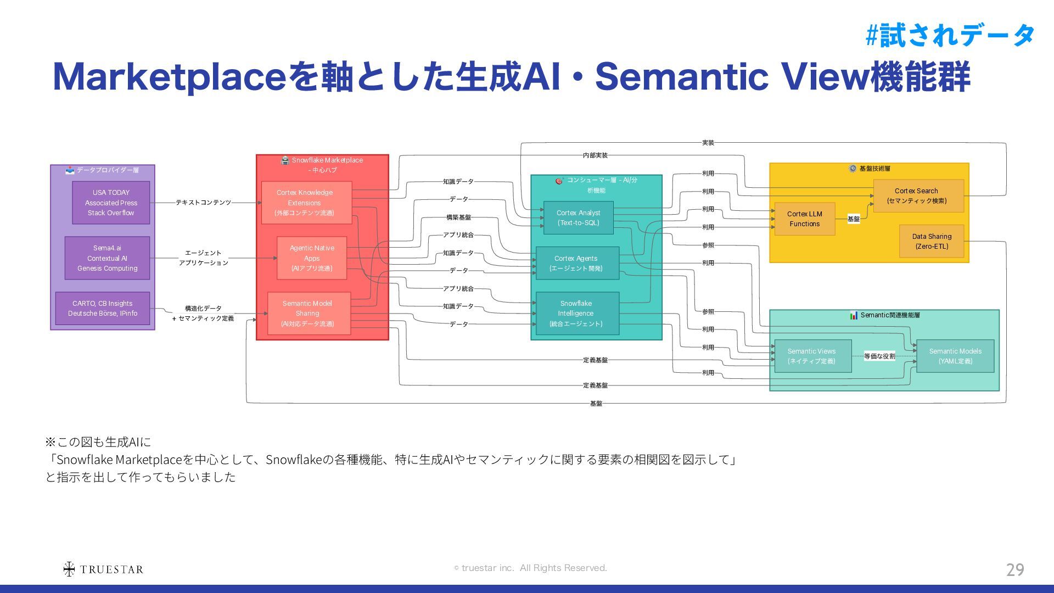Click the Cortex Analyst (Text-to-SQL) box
click(578, 218)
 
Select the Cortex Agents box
click(577, 263)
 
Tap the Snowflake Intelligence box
click(577, 314)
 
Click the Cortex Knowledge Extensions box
click(306, 203)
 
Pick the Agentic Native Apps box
click(311, 258)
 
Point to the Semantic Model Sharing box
click(309, 314)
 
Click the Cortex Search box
click(918, 196)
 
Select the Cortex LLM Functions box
click(804, 219)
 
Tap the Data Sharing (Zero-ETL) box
click(931, 241)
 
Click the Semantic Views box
click(812, 356)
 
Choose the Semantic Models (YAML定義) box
click(955, 356)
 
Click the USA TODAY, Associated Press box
click(111, 203)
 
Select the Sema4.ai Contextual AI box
click(107, 258)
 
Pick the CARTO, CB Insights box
click(103, 309)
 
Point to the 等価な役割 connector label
click(879, 356)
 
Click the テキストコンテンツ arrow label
click(203, 203)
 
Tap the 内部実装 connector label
click(595, 155)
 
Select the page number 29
click(1014, 569)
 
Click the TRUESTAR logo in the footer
click(103, 569)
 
